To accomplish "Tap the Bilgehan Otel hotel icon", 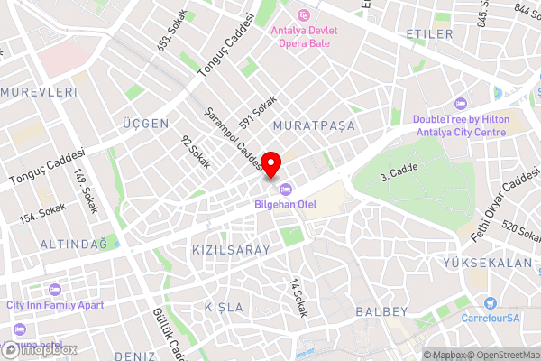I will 286,189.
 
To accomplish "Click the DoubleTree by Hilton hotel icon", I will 461,103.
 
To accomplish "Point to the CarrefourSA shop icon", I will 490,304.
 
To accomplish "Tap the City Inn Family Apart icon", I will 53,291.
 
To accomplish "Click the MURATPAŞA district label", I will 314,125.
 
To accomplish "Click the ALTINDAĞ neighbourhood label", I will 73,245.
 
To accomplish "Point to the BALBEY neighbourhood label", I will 383,311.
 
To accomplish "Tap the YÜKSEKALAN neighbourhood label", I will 488,263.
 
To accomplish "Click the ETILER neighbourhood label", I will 429,34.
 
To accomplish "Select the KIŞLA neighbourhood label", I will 223,307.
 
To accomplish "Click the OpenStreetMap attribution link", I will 503,355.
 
